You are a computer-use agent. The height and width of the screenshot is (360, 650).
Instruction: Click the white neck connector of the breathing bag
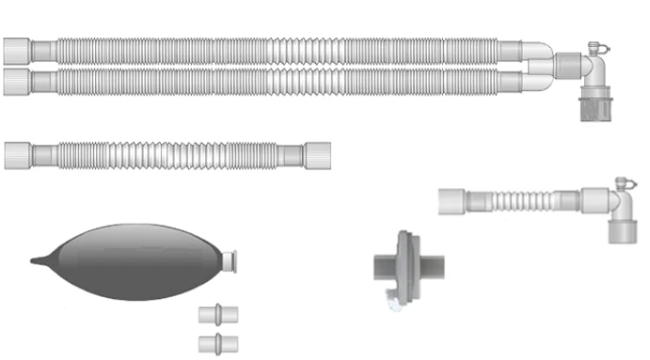click(x=229, y=258)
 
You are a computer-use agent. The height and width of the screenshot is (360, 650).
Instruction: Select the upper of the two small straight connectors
click(x=219, y=314)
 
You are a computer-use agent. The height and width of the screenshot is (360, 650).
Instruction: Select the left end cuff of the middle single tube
click(x=18, y=154)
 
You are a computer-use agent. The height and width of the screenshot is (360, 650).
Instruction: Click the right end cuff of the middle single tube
click(x=315, y=155)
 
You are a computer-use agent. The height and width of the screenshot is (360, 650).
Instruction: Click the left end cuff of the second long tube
click(x=17, y=80)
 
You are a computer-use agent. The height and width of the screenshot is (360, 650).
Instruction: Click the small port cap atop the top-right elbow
click(x=596, y=48)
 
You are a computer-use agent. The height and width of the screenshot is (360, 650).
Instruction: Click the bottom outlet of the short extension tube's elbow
click(x=622, y=231)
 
